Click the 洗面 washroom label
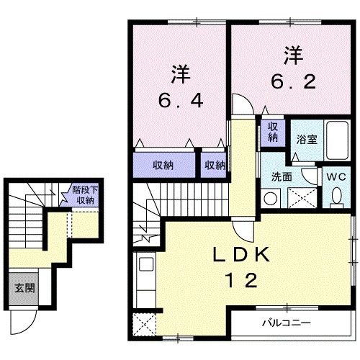click(x=281, y=175)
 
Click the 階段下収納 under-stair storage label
click(x=82, y=195)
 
